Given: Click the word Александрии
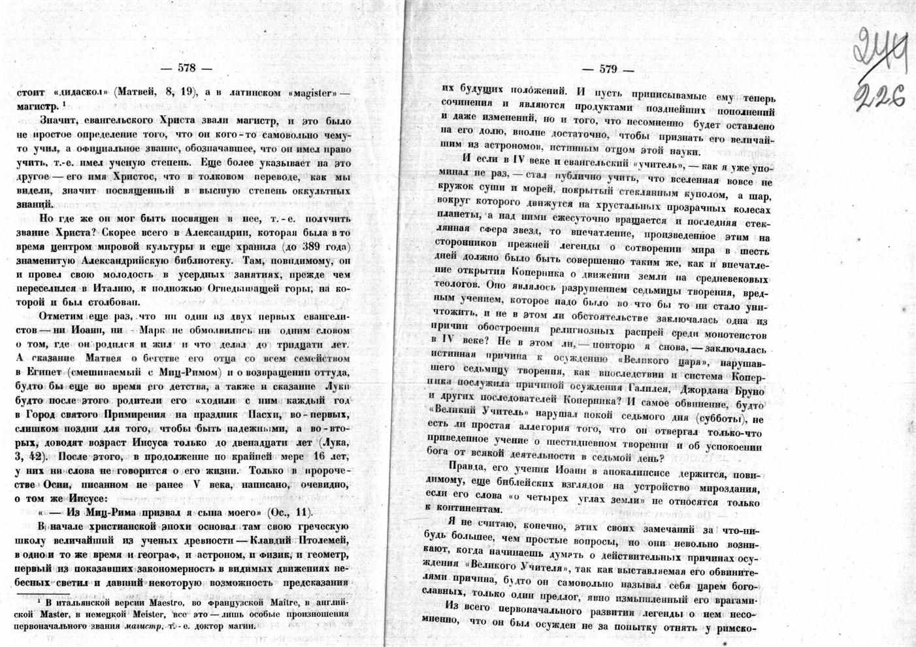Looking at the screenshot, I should (195, 233).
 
